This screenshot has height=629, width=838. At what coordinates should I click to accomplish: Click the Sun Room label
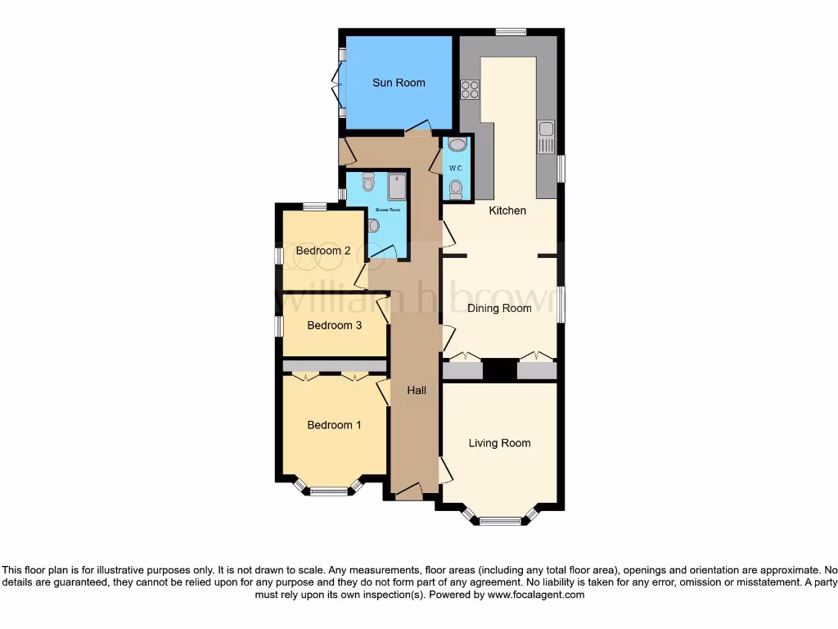click(x=399, y=83)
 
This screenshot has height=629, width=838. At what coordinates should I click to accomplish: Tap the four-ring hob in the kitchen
click(x=470, y=89)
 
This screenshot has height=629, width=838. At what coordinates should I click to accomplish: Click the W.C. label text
click(x=456, y=169)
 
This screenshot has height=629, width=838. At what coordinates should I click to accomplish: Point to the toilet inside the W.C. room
click(x=456, y=188)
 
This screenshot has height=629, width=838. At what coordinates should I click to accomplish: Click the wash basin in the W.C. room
click(x=456, y=145)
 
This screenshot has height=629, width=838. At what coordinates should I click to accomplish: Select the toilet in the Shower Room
click(x=367, y=179)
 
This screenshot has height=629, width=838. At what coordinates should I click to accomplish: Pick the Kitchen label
click(x=507, y=210)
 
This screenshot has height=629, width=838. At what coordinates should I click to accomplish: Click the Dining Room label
click(x=499, y=308)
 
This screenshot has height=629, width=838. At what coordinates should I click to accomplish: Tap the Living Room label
click(x=499, y=443)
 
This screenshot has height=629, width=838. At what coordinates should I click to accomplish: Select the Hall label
click(x=417, y=391)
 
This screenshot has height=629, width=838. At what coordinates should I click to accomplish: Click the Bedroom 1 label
click(x=334, y=424)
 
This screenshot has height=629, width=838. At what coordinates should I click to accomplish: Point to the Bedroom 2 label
click(x=323, y=251)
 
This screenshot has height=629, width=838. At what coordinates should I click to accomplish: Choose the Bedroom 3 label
click(x=334, y=325)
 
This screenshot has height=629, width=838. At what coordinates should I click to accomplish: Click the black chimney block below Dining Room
click(x=499, y=369)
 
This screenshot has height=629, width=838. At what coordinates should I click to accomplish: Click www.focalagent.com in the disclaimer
click(x=535, y=595)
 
